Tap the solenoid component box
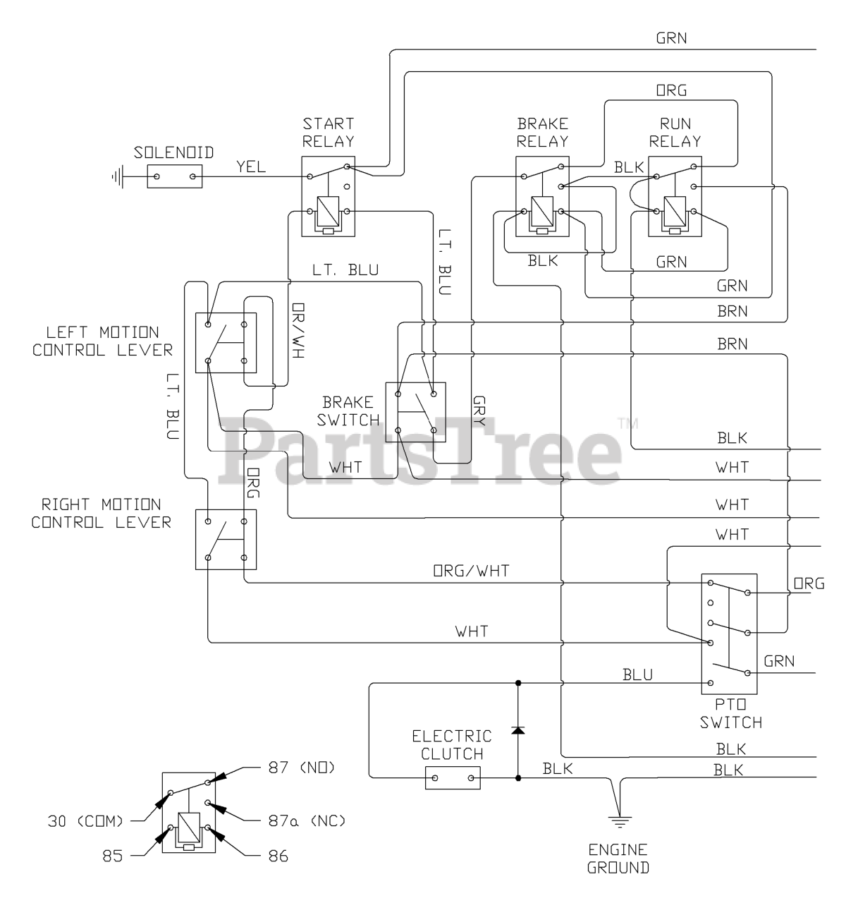click(x=174, y=176)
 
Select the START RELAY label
click(x=328, y=132)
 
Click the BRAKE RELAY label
click(x=542, y=132)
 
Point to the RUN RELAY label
click(x=675, y=132)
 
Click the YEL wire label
click(x=252, y=167)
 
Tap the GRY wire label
click(x=479, y=410)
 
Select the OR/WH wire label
click(x=298, y=332)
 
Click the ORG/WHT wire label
click(x=470, y=571)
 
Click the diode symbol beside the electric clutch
click(x=518, y=729)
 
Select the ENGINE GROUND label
click(x=618, y=858)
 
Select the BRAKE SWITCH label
click(x=348, y=411)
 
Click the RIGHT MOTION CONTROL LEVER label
click(x=101, y=513)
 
